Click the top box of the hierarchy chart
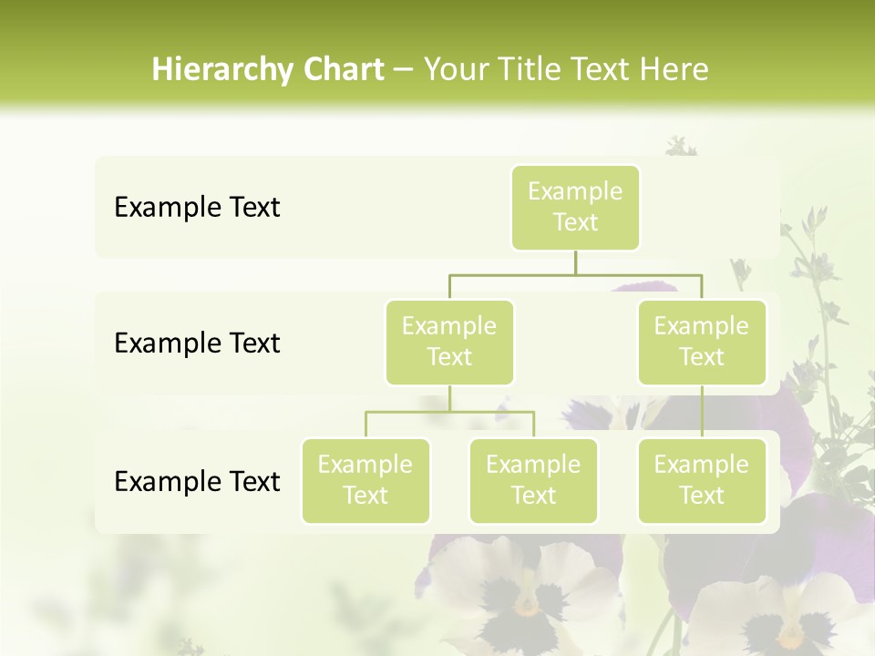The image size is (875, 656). point(575,208)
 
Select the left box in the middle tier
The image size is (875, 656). point(449,343)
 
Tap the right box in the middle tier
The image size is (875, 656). point(702,343)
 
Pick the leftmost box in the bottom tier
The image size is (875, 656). point(365,481)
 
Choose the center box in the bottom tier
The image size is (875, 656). point(533,481)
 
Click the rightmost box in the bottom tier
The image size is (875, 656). point(702,481)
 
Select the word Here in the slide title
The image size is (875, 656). point(674,70)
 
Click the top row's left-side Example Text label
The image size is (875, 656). point(197,208)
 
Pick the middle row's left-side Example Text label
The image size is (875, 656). point(197,343)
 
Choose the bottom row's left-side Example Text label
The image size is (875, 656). point(197,482)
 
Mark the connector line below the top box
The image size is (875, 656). point(575,262)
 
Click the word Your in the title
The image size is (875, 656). point(452,70)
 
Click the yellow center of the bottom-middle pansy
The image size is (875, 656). point(526,603)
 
